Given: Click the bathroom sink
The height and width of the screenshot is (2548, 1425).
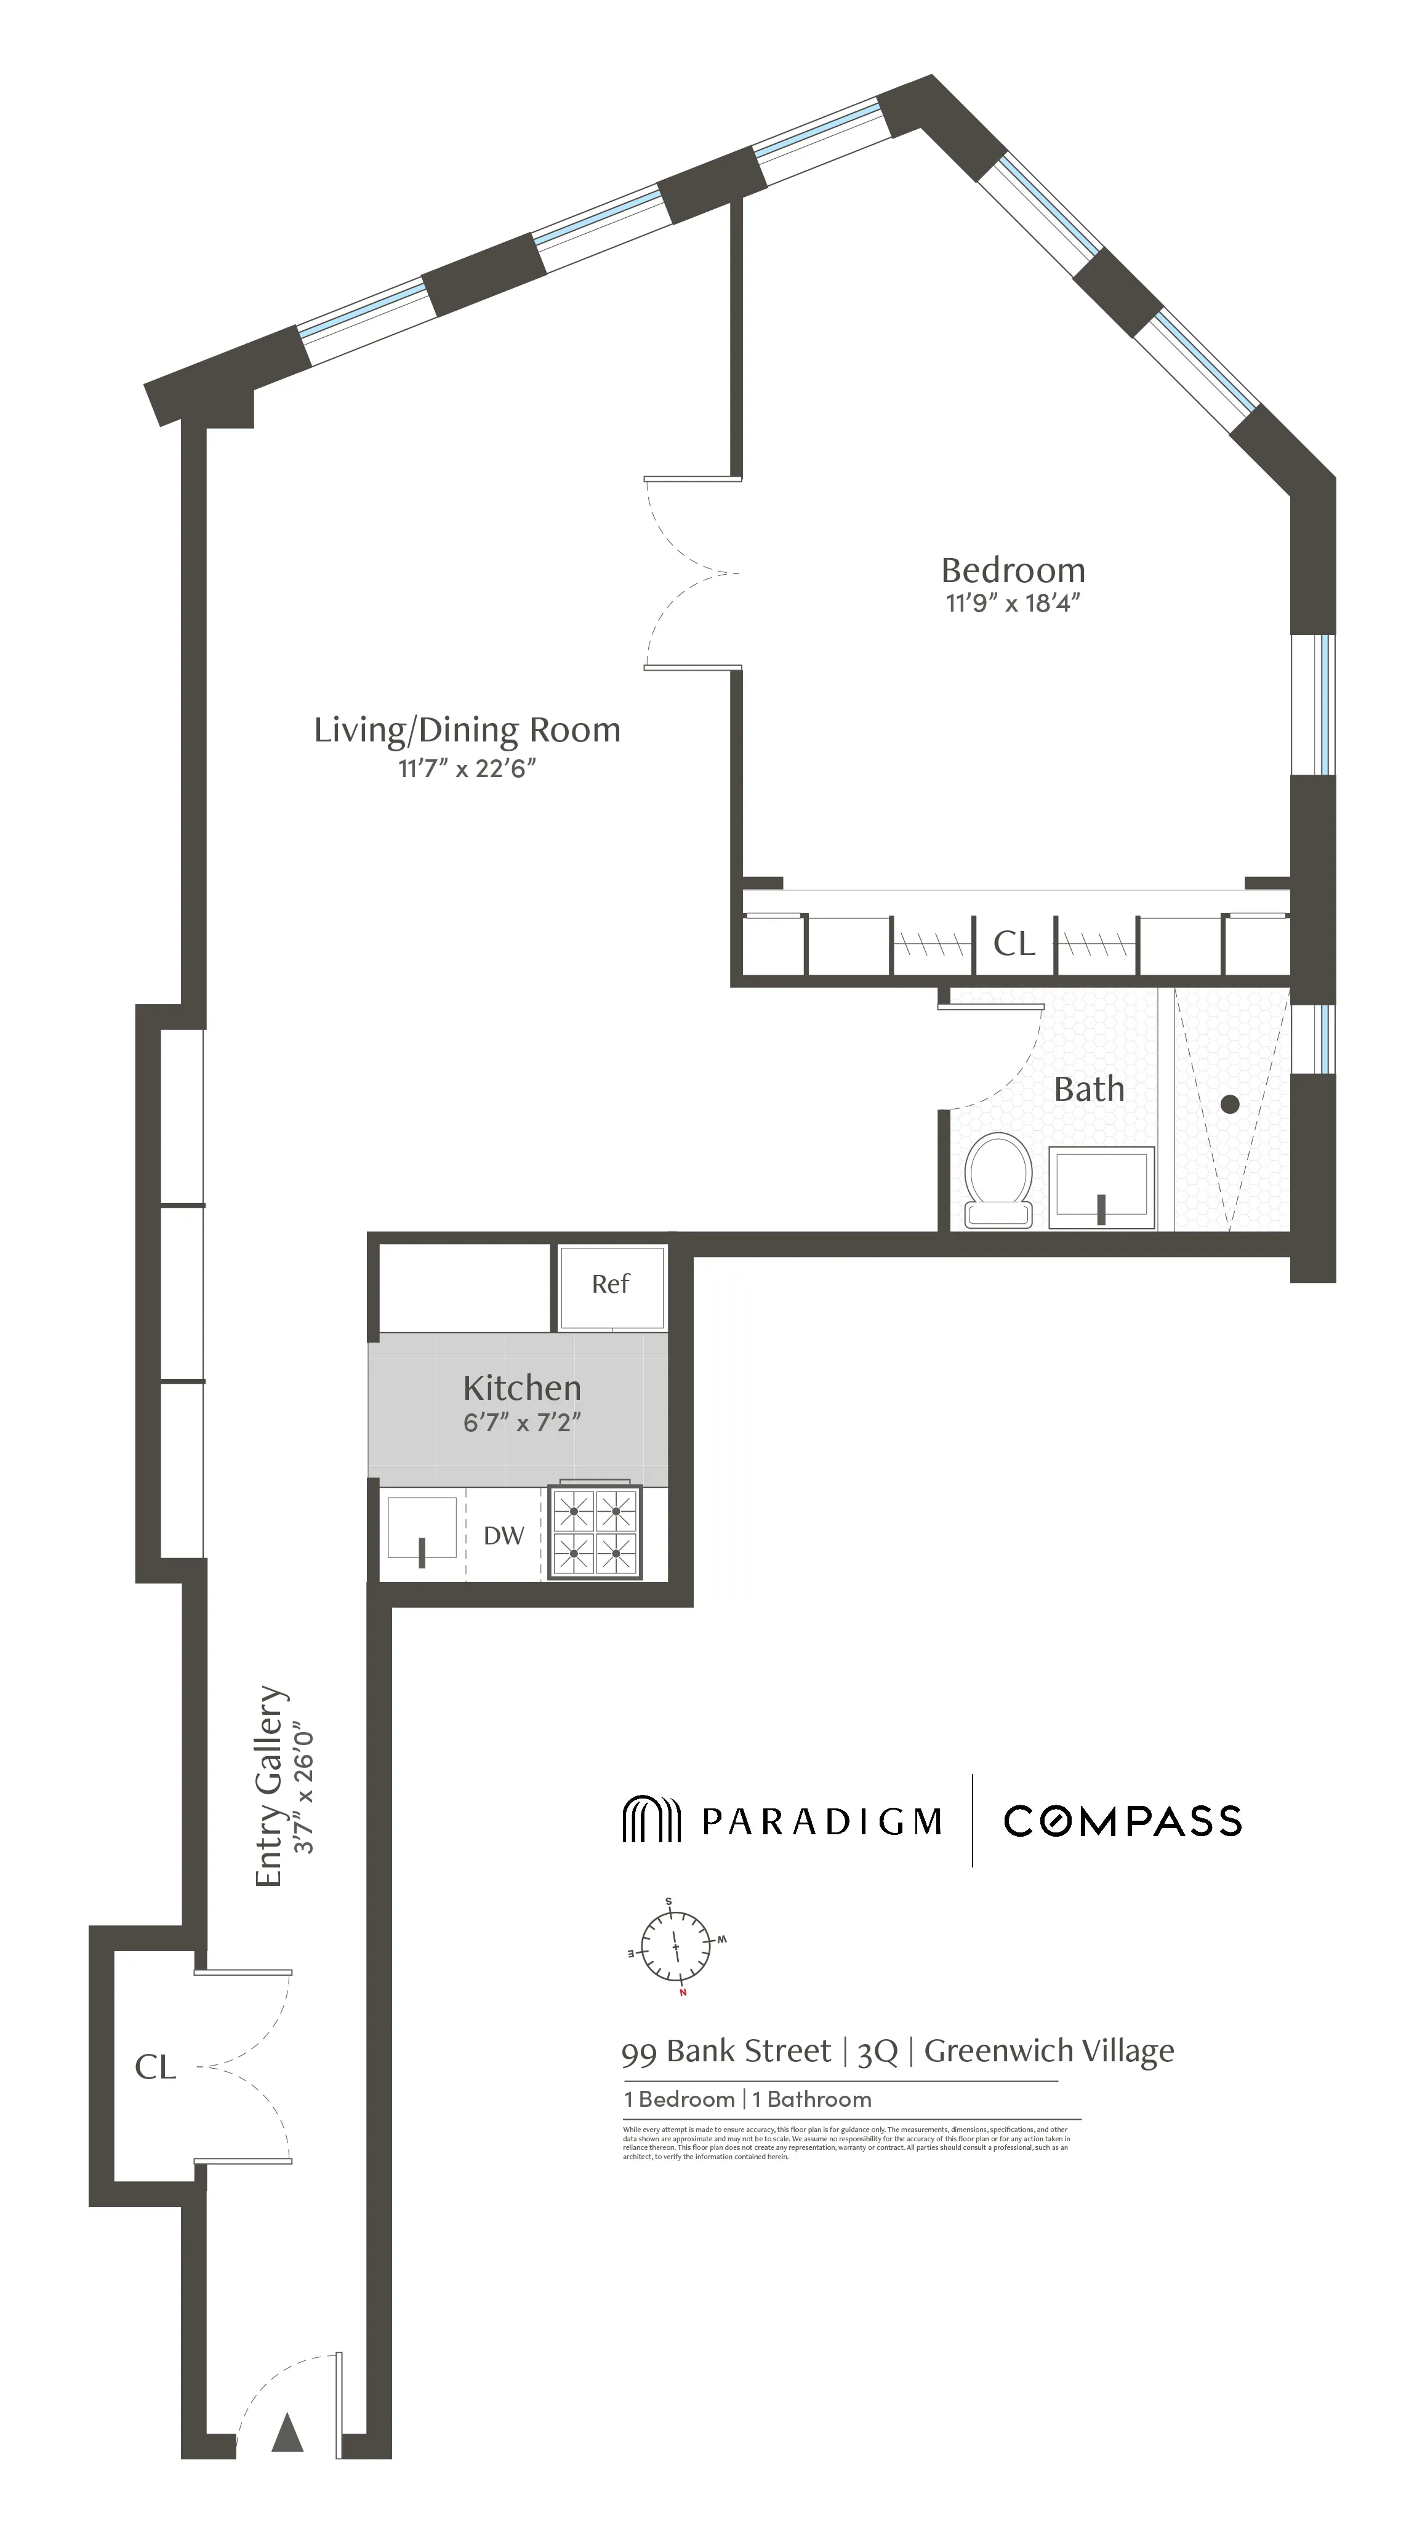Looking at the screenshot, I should click(1101, 1187).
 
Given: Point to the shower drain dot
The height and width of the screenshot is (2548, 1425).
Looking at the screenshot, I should click(1229, 1104).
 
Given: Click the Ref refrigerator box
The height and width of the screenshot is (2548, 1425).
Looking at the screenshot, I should click(611, 1285).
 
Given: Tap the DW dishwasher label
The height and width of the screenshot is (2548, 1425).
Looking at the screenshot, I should click(503, 1535).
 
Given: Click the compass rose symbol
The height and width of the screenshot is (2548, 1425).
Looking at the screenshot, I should click(676, 1947).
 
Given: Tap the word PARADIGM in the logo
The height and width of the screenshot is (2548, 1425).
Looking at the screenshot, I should click(821, 1822).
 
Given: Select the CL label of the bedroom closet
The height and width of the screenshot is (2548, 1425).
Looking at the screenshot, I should click(1013, 944).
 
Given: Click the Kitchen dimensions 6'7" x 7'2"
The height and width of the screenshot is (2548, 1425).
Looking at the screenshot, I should click(521, 1423).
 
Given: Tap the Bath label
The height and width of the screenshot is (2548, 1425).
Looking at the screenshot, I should click(1088, 1089).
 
